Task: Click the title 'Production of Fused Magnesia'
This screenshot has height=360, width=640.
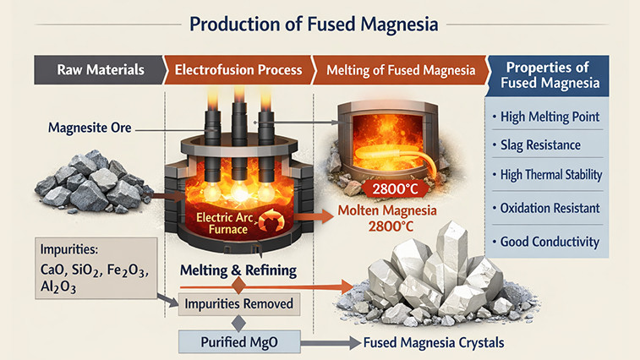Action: [x=320, y=24]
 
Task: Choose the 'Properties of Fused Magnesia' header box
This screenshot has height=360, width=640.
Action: [x=550, y=76]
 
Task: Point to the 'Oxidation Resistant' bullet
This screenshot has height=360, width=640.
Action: [x=553, y=208]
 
